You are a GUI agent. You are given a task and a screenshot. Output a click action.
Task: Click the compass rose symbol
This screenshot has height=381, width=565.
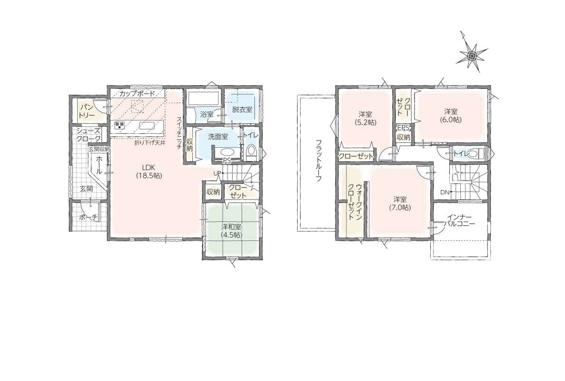473,54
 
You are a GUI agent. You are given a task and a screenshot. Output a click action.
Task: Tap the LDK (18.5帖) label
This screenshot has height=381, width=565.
149,171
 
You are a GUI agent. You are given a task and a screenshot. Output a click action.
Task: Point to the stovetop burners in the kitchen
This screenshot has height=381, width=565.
119,125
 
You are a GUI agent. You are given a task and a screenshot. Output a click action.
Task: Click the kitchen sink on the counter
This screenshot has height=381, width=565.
147,125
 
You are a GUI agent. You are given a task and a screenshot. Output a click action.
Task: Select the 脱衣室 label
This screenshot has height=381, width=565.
242,110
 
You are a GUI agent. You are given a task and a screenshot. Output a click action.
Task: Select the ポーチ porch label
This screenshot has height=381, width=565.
89,217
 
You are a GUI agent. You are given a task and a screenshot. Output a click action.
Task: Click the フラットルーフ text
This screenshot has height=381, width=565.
318,160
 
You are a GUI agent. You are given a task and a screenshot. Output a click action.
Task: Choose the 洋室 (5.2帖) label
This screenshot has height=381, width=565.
366,118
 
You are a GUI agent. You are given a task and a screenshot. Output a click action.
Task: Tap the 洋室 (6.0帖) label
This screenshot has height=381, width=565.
450,115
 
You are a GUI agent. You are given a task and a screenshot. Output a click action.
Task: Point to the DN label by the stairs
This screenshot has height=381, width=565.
445,192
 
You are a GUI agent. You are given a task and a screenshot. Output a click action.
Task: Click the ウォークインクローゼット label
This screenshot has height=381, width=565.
355,202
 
